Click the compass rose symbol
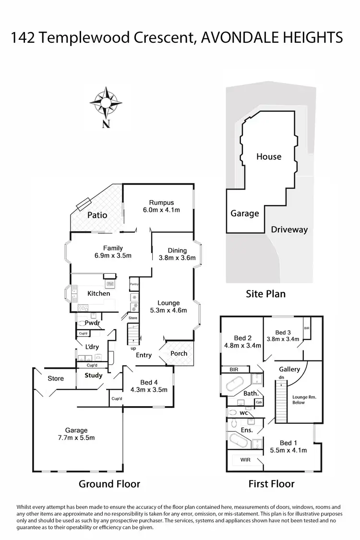click(106, 102)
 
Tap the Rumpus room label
click(161, 203)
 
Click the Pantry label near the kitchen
click(134, 285)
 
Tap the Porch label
click(179, 354)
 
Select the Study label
click(94, 375)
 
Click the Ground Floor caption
click(109, 484)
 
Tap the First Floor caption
click(271, 484)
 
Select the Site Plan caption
click(266, 294)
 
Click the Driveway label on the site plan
click(289, 229)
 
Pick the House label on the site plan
click(268, 156)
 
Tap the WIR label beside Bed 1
click(245, 460)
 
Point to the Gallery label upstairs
click(290, 369)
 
